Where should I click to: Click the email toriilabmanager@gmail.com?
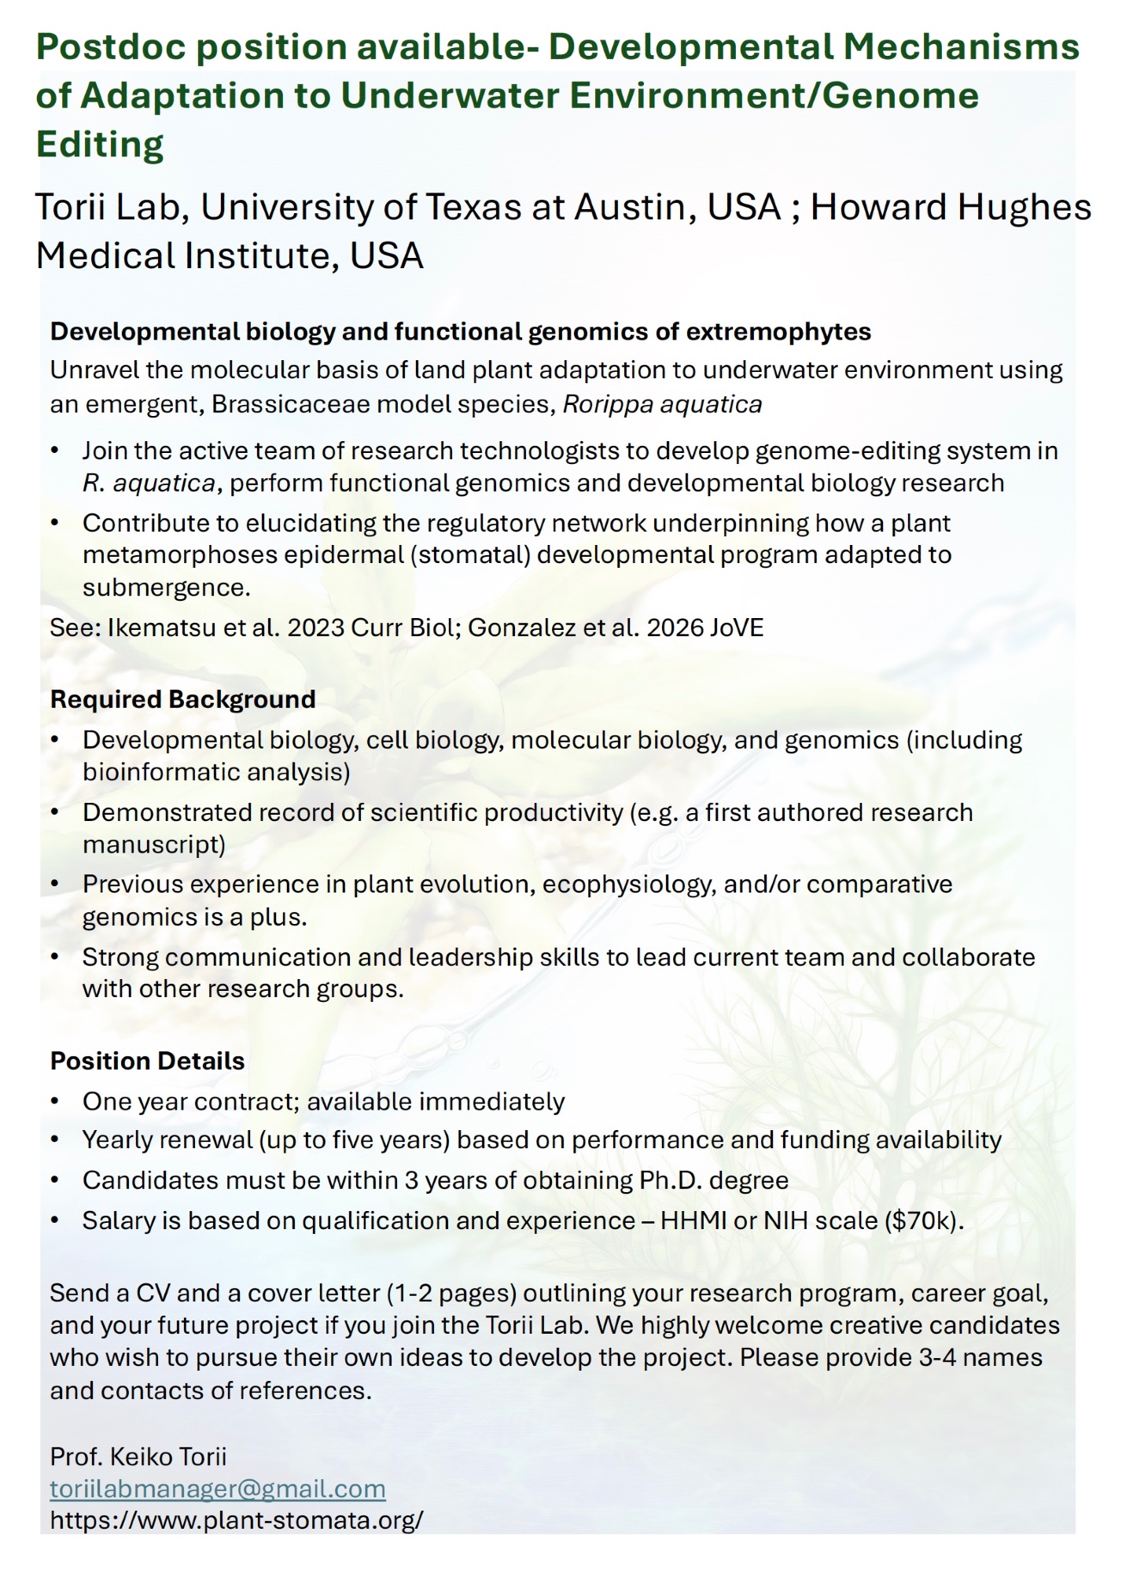pos(218,1489)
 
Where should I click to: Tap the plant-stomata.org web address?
pos(237,1519)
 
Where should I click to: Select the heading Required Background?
pos(182,699)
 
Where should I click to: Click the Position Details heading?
pos(147,1061)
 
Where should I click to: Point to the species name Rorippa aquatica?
pos(663,404)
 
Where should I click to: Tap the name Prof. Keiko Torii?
pos(138,1456)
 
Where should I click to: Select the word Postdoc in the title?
pos(109,48)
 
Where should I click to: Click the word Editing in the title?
pos(100,145)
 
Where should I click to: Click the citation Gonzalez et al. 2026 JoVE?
pos(616,628)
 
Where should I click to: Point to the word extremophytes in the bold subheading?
pos(778,332)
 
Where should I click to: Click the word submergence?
pos(166,587)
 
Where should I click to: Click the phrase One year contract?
pos(188,1102)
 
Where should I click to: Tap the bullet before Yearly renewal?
pos(54,1141)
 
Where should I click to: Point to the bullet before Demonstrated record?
pos(54,812)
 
